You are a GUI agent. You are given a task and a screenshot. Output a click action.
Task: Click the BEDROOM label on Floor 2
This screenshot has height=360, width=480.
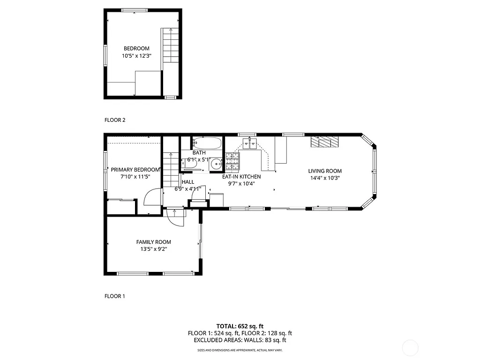(x=136, y=48)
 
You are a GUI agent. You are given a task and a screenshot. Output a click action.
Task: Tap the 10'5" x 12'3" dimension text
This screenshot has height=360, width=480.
(x=136, y=56)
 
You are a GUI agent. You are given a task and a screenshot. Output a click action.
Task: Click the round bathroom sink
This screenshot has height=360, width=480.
(x=216, y=164)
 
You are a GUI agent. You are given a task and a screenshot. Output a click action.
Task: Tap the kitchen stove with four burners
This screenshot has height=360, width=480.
(x=232, y=162)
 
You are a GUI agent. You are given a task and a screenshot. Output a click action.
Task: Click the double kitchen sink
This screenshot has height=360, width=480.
(x=249, y=143)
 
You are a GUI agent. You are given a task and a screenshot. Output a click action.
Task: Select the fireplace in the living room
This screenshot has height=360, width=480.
(x=324, y=142)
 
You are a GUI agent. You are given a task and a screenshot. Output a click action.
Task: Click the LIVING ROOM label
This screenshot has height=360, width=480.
(x=324, y=171)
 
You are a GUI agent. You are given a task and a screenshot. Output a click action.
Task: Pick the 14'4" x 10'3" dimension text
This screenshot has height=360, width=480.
(x=324, y=178)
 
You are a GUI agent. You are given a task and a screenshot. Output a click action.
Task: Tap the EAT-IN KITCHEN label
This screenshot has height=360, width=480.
(x=241, y=177)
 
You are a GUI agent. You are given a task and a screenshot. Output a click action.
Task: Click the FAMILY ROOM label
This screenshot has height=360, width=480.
(x=153, y=242)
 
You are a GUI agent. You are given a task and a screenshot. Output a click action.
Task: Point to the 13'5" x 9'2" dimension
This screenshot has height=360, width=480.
(x=153, y=249)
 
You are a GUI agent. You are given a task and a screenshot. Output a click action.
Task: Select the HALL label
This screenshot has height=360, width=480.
(x=187, y=182)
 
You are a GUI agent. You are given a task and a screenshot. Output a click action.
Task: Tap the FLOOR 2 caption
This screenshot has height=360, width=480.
(x=115, y=120)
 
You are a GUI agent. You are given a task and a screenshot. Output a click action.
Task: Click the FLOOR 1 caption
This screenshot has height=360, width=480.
(x=115, y=296)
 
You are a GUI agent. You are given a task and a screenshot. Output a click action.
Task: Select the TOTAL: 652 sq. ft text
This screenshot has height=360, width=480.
(x=240, y=326)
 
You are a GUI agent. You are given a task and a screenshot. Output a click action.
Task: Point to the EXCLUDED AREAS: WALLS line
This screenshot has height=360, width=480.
(x=240, y=340)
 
